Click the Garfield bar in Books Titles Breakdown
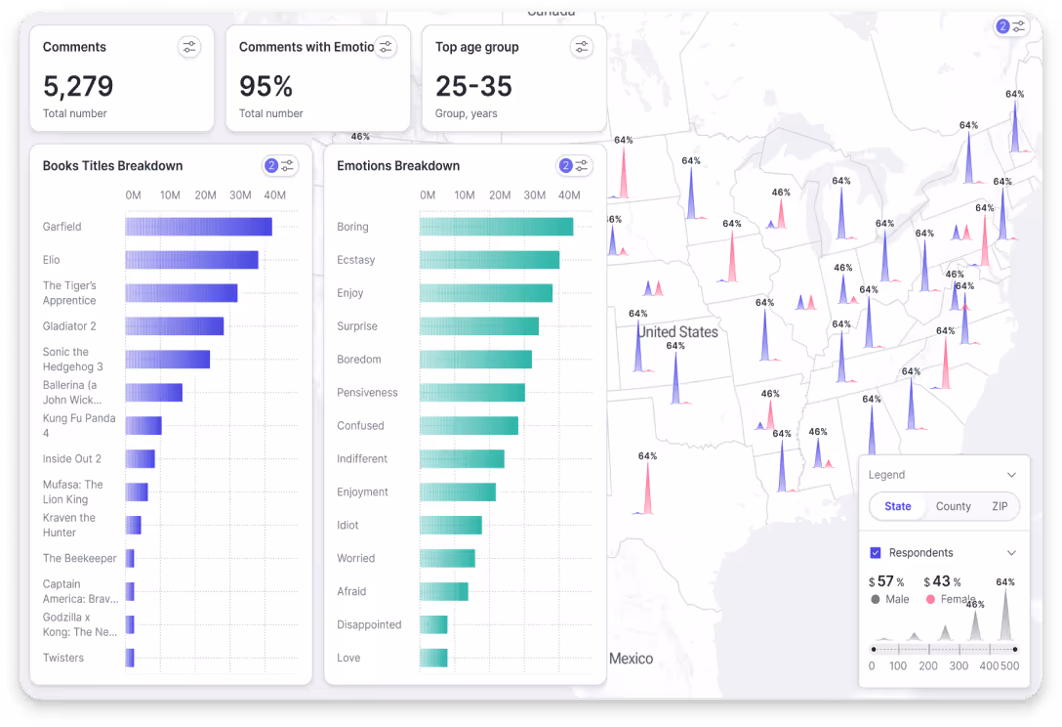click(x=198, y=227)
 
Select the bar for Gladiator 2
click(x=174, y=326)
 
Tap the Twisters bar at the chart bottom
click(x=130, y=658)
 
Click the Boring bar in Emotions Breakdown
click(x=496, y=227)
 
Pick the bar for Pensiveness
click(x=471, y=393)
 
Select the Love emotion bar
click(x=433, y=658)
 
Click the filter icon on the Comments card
click(x=189, y=47)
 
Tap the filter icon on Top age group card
click(x=582, y=47)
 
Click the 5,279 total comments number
click(x=78, y=86)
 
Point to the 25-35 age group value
click(x=473, y=86)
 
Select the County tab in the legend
click(x=953, y=506)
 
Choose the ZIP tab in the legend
click(x=1000, y=506)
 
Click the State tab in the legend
click(x=898, y=506)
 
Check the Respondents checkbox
click(x=876, y=553)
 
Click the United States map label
click(x=677, y=332)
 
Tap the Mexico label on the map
click(x=631, y=659)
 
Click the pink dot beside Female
click(x=930, y=599)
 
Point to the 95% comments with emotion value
click(x=265, y=86)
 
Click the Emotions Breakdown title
click(x=398, y=166)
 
